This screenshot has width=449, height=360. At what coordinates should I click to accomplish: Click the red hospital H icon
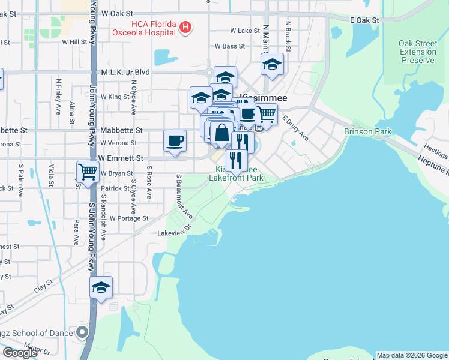pos(186,27)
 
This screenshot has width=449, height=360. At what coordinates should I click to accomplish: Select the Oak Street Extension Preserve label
pos(418,52)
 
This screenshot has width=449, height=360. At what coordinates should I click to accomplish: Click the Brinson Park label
pos(367,131)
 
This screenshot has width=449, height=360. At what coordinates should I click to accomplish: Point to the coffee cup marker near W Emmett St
pos(175,140)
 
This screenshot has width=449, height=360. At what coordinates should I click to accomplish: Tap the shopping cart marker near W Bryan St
pos(88,172)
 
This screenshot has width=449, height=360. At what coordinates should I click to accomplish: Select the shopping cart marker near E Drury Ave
pos(265,113)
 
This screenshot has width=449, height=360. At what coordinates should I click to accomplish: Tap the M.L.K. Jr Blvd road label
pos(125,72)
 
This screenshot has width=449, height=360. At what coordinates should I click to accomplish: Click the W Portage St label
pos(128,218)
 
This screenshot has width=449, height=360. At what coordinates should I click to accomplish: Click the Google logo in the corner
pos(20,353)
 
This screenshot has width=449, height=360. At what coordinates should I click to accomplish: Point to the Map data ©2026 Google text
pos(412,355)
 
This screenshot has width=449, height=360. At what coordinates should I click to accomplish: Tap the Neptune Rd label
pos(434,164)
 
